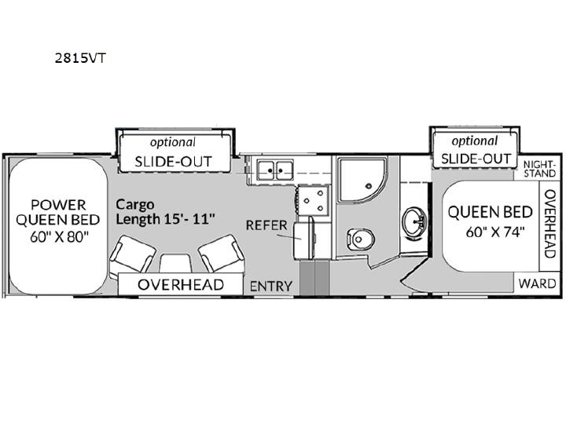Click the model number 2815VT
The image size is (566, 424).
point(80,57)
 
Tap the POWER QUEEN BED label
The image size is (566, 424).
point(58,212)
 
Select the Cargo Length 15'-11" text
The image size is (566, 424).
point(166,212)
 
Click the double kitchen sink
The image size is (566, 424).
point(275,170)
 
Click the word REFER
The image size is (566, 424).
point(266,225)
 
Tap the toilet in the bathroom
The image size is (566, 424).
point(360,239)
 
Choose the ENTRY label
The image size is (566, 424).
point(271,287)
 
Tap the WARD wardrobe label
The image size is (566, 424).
point(537,283)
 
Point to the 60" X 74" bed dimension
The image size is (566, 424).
point(494,232)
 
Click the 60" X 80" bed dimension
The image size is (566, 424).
point(59,237)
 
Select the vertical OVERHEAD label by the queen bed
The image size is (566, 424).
point(549,224)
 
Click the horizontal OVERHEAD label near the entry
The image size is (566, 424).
point(181,285)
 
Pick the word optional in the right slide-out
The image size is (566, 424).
point(474,141)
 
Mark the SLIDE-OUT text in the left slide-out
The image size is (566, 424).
point(173,162)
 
